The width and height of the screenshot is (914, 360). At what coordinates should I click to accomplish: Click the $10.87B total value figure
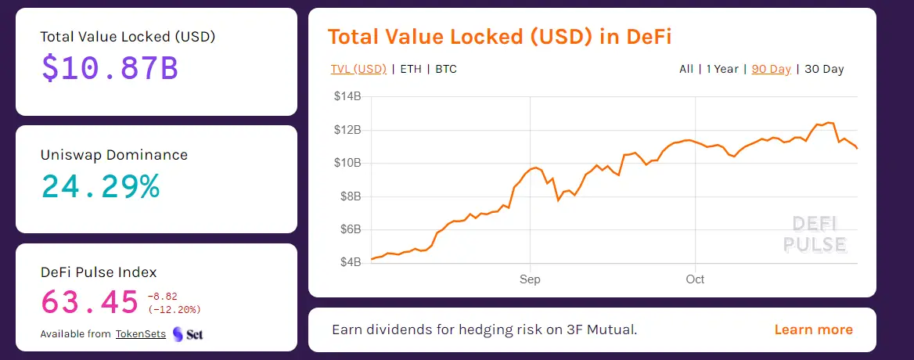[x=110, y=69]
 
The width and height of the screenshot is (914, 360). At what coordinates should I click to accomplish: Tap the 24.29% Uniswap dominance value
[x=100, y=186]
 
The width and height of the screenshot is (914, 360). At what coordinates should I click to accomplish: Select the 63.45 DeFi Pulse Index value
[x=88, y=301]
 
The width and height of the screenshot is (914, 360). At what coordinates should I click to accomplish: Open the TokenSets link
[x=141, y=334]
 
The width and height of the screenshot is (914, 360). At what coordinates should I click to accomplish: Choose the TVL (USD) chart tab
[x=358, y=69]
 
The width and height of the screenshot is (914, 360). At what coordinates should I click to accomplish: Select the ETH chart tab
[x=411, y=69]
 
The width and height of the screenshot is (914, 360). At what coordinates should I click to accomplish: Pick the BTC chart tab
[x=446, y=69]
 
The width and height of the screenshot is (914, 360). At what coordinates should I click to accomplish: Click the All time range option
[x=686, y=69]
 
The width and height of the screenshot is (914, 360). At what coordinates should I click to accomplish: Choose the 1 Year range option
[x=722, y=69]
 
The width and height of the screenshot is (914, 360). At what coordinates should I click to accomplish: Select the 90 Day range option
[x=772, y=69]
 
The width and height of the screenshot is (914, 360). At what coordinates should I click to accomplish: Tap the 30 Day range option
[x=824, y=69]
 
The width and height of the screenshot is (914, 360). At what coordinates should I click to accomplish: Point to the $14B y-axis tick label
[x=347, y=97]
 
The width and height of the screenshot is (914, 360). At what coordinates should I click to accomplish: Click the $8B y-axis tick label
[x=350, y=196]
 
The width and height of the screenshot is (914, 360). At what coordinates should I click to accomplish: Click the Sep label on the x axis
[x=530, y=279]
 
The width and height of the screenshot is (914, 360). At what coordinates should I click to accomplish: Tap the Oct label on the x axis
[x=695, y=279]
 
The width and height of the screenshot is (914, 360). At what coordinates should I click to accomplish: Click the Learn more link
[x=814, y=329]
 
